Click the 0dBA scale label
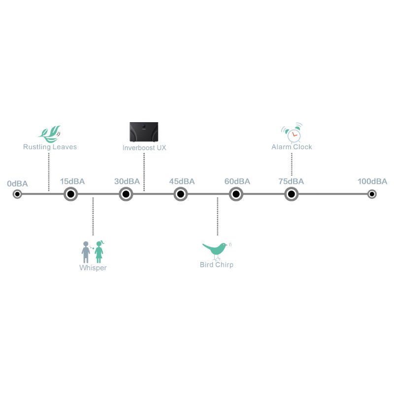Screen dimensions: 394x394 click(17, 184)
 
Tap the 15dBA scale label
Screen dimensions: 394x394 click(72, 181)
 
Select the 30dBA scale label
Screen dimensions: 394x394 click(127, 181)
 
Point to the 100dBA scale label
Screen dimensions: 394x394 click(372, 181)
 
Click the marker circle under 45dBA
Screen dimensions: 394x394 click(181, 194)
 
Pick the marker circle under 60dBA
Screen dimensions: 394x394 click(236, 194)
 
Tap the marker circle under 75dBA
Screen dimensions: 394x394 click(291, 194)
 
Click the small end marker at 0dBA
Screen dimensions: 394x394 click(17, 194)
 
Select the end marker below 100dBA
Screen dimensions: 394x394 click(372, 194)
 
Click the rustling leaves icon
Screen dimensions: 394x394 click(50, 134)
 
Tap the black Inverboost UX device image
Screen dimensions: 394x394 click(144, 132)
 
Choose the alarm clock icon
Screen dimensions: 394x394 click(292, 132)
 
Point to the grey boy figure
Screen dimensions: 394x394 click(86, 252)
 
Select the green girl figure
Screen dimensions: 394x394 click(99, 252)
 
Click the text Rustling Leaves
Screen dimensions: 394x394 click(50, 147)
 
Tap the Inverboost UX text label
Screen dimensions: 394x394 click(144, 148)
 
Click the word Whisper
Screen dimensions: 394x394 click(93, 268)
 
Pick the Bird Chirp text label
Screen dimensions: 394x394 click(217, 264)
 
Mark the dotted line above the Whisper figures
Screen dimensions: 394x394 click(93, 216)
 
